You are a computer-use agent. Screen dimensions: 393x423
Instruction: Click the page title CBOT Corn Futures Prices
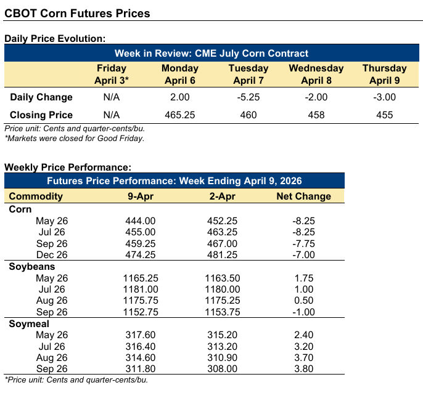click(x=77, y=12)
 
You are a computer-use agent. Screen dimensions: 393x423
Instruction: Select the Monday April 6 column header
click(x=179, y=74)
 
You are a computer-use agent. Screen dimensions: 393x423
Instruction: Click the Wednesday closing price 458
click(x=316, y=115)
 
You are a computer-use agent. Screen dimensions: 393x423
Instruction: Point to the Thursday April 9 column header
click(x=384, y=74)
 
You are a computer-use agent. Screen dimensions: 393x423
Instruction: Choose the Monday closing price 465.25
click(x=179, y=115)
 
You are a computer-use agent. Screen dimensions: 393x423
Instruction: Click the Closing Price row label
click(x=41, y=115)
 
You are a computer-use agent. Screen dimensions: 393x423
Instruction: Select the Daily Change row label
click(x=41, y=97)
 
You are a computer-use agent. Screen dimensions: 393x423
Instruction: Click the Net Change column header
click(x=303, y=197)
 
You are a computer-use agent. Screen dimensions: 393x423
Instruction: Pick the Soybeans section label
click(x=32, y=267)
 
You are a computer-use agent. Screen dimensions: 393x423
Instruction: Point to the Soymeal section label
click(x=30, y=323)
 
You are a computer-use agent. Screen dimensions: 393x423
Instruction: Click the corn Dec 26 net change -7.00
click(x=303, y=255)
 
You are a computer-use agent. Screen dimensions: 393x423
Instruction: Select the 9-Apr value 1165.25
click(x=141, y=278)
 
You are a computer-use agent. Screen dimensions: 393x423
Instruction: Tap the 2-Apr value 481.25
click(x=223, y=255)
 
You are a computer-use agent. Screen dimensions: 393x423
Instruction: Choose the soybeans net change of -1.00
click(x=303, y=312)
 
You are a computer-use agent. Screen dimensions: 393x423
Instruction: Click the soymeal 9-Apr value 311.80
click(x=141, y=369)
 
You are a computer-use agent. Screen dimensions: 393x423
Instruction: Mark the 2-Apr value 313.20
click(x=223, y=346)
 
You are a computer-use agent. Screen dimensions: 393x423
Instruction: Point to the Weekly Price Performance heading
click(x=67, y=167)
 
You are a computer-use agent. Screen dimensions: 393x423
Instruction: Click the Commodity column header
click(x=36, y=197)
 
